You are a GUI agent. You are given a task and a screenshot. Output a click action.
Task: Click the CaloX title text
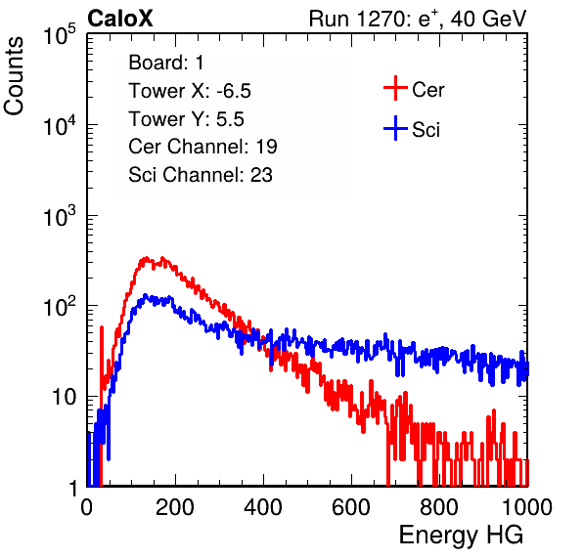(x=120, y=19)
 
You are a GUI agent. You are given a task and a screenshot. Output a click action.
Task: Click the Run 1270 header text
(x=418, y=19)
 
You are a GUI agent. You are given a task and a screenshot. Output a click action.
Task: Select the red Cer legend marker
(x=395, y=88)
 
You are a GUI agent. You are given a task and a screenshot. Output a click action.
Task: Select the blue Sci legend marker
(x=395, y=128)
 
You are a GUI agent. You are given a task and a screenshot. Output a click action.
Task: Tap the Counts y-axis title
(x=14, y=76)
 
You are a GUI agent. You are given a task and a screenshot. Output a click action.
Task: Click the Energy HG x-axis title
(x=461, y=536)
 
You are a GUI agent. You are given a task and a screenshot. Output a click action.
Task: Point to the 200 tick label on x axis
(x=175, y=507)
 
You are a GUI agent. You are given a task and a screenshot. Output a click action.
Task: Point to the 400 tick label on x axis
(x=263, y=507)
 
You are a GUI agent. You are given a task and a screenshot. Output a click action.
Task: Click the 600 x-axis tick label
(x=351, y=507)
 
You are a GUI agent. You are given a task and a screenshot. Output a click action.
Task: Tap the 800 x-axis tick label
(x=439, y=507)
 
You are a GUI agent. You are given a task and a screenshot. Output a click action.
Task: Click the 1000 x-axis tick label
(x=527, y=507)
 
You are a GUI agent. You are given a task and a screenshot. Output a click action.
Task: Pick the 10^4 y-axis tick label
(x=60, y=125)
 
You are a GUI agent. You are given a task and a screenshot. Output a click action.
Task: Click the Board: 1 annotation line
(x=166, y=63)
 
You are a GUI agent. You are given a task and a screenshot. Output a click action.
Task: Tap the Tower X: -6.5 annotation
(x=190, y=91)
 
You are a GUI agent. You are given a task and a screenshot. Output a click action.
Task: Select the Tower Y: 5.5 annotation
(x=186, y=119)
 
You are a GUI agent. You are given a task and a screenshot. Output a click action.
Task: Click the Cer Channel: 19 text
(x=202, y=147)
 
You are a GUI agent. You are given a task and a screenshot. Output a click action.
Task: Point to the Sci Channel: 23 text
(x=201, y=175)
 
